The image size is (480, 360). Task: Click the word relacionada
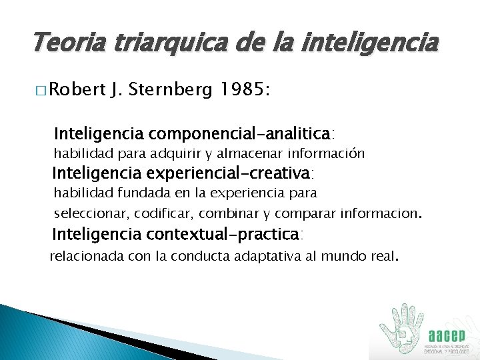85,255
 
